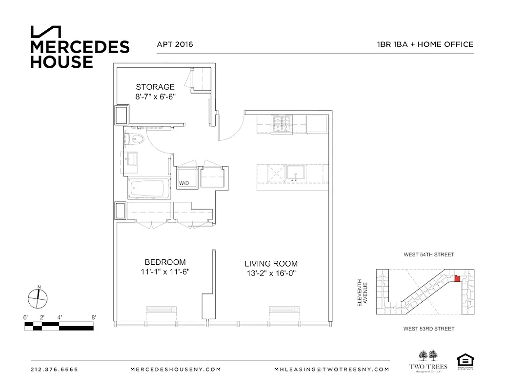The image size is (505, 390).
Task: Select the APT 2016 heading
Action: [x=175, y=44]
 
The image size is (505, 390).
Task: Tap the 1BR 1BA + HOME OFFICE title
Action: [x=424, y=44]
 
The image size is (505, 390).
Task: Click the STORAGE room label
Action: [x=155, y=87]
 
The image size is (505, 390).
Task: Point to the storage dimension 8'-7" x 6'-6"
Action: [x=155, y=97]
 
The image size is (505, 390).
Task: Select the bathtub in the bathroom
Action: [x=148, y=188]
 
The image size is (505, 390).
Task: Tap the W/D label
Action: [x=184, y=184]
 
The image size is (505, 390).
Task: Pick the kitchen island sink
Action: [x=295, y=174]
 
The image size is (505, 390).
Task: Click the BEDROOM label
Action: [x=165, y=262]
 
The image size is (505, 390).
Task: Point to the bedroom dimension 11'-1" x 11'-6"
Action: [x=165, y=272]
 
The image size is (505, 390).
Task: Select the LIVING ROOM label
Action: [x=271, y=264]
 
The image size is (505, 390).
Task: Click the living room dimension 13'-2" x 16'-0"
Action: [x=271, y=273]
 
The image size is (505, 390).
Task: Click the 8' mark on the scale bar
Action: [x=93, y=317]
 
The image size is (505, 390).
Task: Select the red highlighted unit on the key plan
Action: [x=457, y=278]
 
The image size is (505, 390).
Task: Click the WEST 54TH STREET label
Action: [x=428, y=254]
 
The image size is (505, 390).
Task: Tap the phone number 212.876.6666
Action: [x=54, y=370]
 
